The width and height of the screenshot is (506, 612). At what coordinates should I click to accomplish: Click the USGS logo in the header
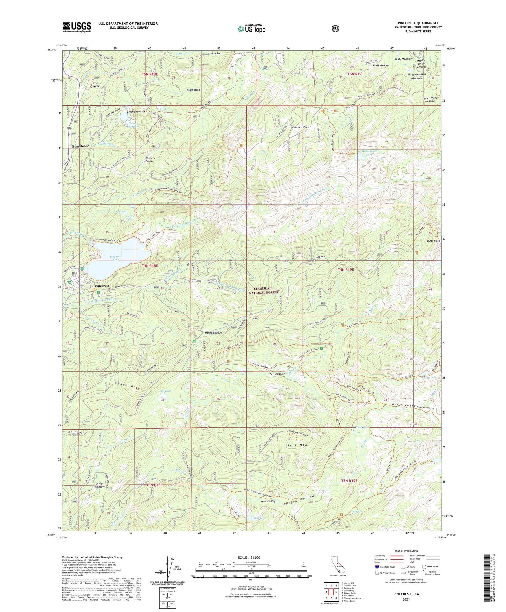point(77,27)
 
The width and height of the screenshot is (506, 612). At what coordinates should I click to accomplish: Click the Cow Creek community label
point(95,85)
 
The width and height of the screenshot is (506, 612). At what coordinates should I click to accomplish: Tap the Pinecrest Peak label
point(300,127)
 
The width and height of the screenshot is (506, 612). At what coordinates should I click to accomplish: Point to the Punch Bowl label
point(193,90)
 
